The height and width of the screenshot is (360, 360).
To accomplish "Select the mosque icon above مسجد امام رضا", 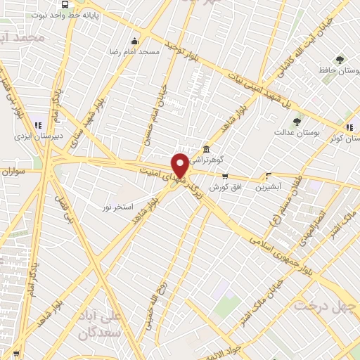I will coord(135,41).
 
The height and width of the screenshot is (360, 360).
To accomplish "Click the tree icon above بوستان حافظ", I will coord(340,60).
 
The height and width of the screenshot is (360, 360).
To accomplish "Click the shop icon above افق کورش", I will coord(225,176).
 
